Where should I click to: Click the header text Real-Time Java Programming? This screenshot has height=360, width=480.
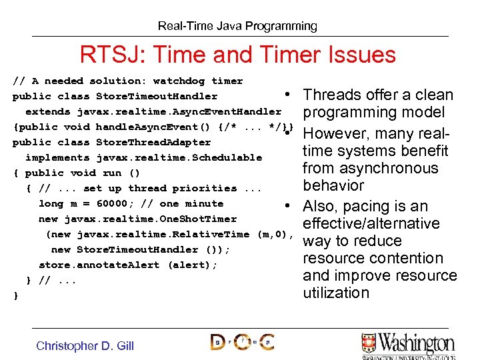(x=237, y=27)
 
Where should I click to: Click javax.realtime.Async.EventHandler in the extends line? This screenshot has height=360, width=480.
(x=179, y=111)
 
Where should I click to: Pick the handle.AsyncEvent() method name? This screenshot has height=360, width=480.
(x=147, y=127)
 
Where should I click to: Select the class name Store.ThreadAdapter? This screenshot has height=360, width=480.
(x=153, y=142)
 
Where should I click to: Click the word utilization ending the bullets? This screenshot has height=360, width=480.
(x=335, y=293)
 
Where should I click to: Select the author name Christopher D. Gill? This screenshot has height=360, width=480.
(x=85, y=345)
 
